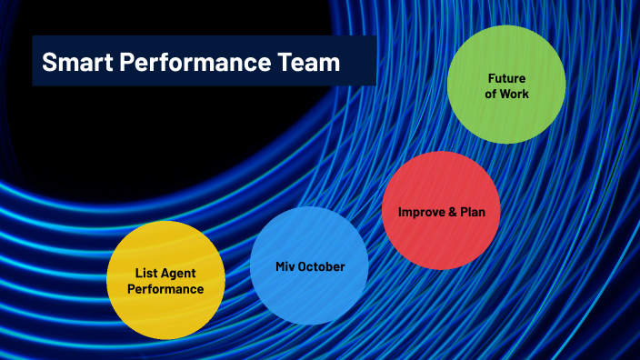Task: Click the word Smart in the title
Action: pos(75,63)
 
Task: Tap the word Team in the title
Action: pos(307,63)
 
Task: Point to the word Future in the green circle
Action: pos(506,78)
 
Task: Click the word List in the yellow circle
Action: pos(145,273)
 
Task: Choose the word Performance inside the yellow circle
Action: pos(165,289)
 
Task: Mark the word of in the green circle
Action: pos(492,94)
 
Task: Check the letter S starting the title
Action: pos(49,63)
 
